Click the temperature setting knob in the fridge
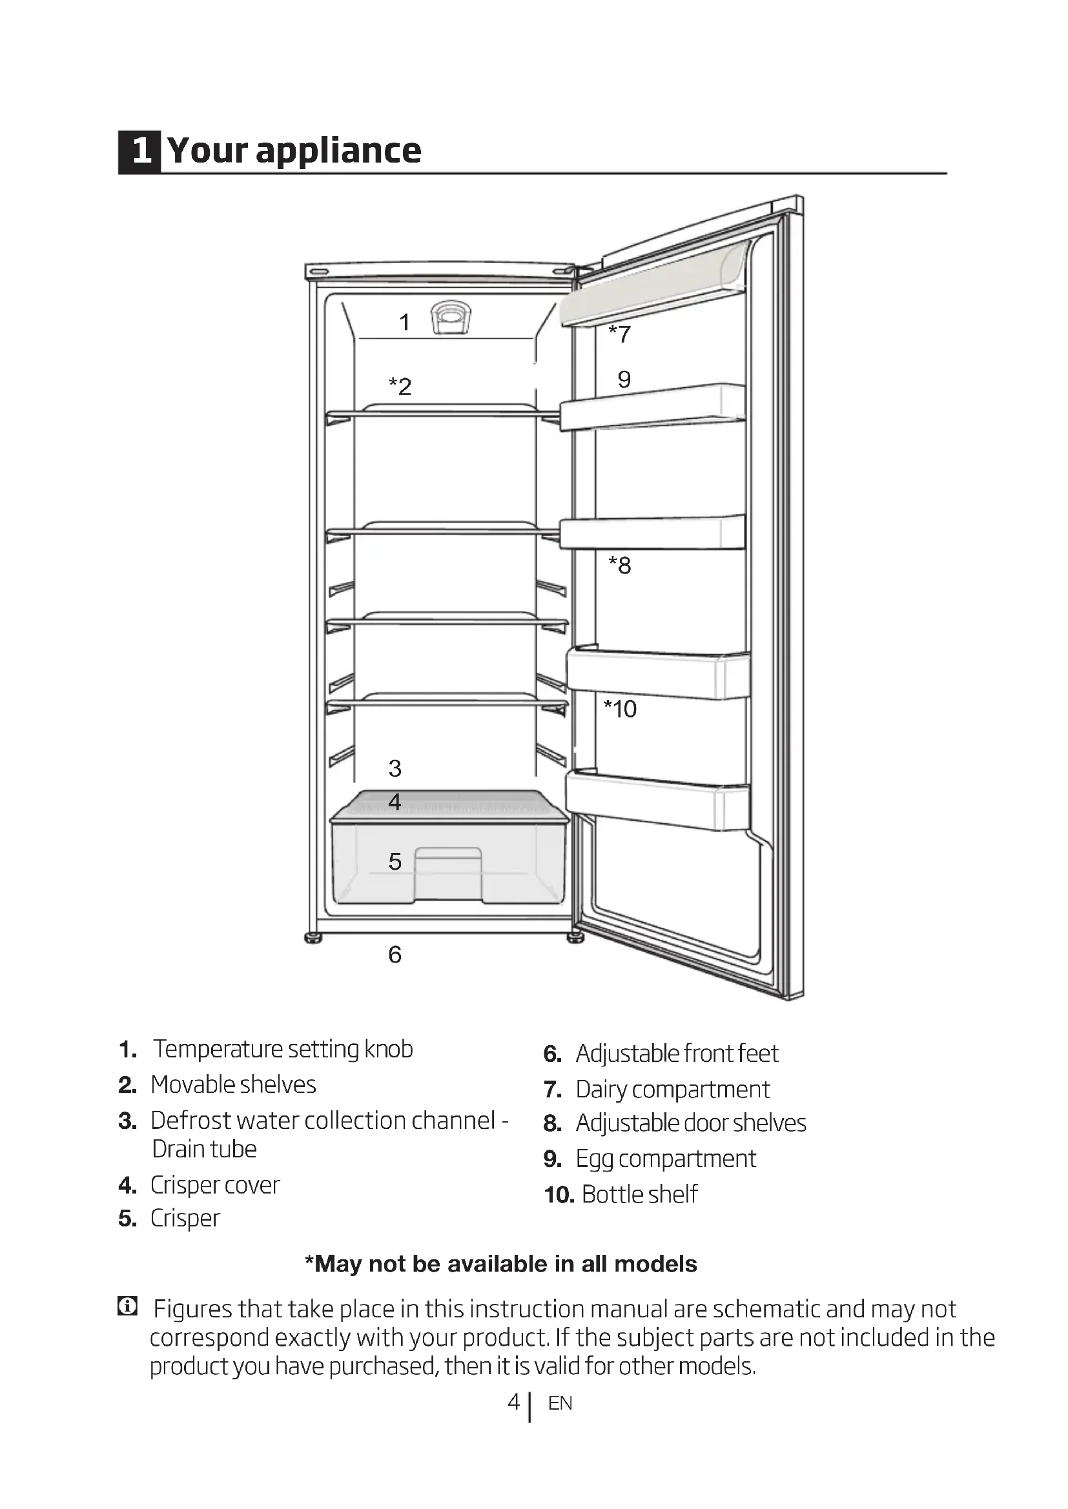(451, 317)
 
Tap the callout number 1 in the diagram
(404, 323)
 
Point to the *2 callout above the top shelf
(400, 386)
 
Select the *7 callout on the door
(619, 334)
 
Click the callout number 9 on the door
(624, 379)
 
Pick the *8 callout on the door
(619, 565)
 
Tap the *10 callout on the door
(620, 709)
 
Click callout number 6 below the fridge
(395, 954)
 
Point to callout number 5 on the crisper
(395, 861)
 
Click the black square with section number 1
(139, 152)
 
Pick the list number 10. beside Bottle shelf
(559, 1194)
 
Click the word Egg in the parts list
(595, 1159)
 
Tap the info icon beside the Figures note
(128, 1306)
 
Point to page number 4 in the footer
(513, 1402)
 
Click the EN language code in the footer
(560, 1404)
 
